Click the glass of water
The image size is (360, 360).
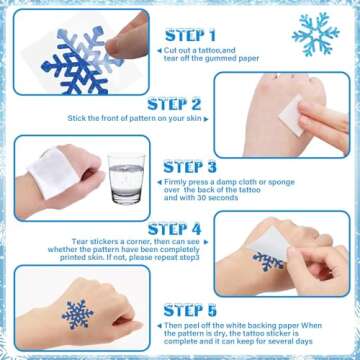[126, 181]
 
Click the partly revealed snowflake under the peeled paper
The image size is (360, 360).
[267, 262]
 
